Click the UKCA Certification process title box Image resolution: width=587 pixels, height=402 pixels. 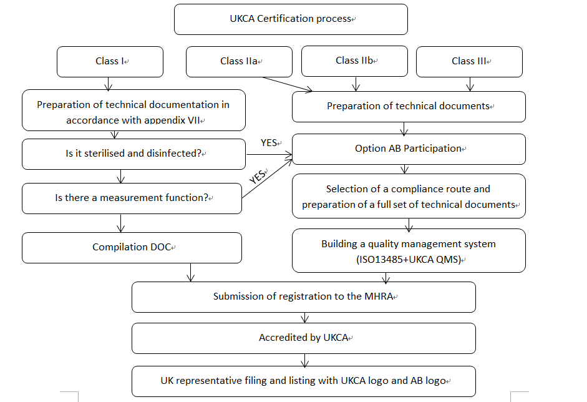coord(291,19)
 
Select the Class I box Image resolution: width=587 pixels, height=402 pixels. coord(110,61)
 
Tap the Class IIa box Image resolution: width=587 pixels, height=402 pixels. coord(240,61)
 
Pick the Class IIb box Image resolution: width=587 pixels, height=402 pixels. coord(354,61)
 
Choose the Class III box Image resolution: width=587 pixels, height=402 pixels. coord(469,61)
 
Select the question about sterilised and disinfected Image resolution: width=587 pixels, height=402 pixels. coord(133,154)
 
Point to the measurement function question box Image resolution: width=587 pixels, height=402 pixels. coord(132,198)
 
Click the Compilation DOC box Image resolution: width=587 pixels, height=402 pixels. coord(132,247)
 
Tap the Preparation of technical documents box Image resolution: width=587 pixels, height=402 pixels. coord(409,106)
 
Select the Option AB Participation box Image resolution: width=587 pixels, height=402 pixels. coord(409,149)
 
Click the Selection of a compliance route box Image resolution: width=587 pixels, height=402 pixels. coord(409,196)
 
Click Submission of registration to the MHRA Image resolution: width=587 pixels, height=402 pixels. coord(303,297)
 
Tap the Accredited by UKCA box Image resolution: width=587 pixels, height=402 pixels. coord(303,338)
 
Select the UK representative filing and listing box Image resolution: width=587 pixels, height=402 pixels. coord(303,380)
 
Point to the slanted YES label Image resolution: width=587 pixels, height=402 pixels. coord(258,176)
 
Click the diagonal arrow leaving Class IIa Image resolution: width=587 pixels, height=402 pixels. coord(287,85)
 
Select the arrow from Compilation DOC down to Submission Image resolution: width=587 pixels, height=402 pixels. coord(191,272)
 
